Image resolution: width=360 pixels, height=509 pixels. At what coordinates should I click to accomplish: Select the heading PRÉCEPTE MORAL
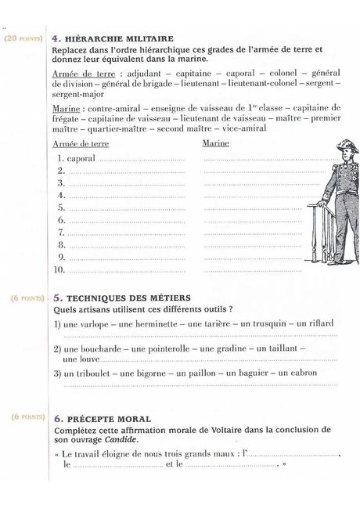coord(110,419)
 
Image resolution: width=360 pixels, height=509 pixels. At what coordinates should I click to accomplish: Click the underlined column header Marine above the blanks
coord(216,144)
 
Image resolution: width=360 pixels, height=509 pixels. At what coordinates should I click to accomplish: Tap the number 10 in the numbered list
coord(58,270)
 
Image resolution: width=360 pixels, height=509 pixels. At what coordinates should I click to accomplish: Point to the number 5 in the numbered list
coord(60,208)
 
